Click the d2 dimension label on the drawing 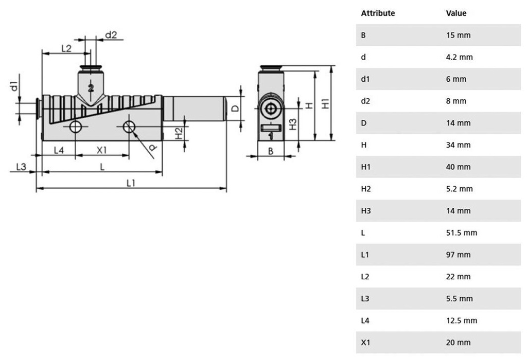coord(111,35)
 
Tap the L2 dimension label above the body coord(66,48)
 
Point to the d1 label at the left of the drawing coord(14,86)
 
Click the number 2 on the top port coord(91,88)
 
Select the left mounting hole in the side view coord(75,127)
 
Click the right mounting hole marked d coord(129,127)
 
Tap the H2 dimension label coord(179,133)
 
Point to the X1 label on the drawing coord(101,150)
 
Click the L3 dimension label coord(21,167)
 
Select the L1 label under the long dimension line coord(131,183)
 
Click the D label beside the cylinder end coord(235,109)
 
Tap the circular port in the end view coord(271,109)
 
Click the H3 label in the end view coord(293,124)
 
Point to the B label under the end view coord(271,151)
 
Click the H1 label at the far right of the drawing coord(325,103)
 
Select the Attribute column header coord(378,13)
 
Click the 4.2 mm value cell coord(459,57)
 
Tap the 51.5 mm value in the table coord(462,233)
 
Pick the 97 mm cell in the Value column coord(458,255)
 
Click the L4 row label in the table coord(365,320)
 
